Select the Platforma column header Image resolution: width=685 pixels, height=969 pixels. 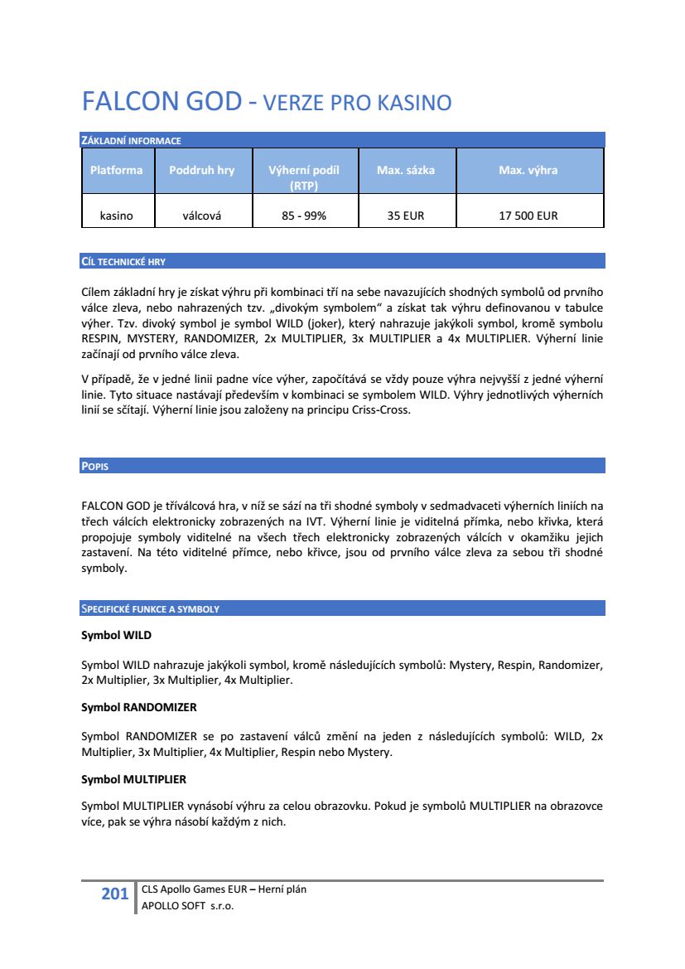(x=116, y=170)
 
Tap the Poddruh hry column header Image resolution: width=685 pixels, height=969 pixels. (x=201, y=170)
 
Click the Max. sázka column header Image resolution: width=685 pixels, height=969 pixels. (x=405, y=170)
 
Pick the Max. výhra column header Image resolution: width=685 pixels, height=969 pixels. (x=528, y=170)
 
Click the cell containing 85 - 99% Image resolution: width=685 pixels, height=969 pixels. (x=304, y=216)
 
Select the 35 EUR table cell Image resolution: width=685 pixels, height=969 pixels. (x=405, y=216)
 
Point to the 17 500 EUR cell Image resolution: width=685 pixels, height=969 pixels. (x=528, y=216)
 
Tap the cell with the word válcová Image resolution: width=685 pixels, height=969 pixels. (x=201, y=216)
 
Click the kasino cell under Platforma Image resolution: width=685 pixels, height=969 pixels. (x=116, y=216)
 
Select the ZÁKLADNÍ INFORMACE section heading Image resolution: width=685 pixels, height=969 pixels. (x=131, y=141)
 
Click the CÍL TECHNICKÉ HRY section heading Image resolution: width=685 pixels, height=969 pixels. (x=123, y=262)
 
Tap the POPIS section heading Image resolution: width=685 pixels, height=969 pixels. (x=95, y=467)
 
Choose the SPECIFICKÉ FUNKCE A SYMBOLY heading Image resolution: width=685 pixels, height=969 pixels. (x=150, y=609)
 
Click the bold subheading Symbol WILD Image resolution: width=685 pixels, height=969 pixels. (x=116, y=636)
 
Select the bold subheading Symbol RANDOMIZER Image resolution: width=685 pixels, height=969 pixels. (x=138, y=708)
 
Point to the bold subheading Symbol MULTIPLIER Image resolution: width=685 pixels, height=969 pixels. (x=133, y=780)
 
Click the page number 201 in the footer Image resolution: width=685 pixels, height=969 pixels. (x=114, y=894)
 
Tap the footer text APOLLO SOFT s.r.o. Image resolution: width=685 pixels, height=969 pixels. (x=188, y=906)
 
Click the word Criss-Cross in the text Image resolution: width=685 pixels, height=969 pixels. (x=380, y=409)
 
